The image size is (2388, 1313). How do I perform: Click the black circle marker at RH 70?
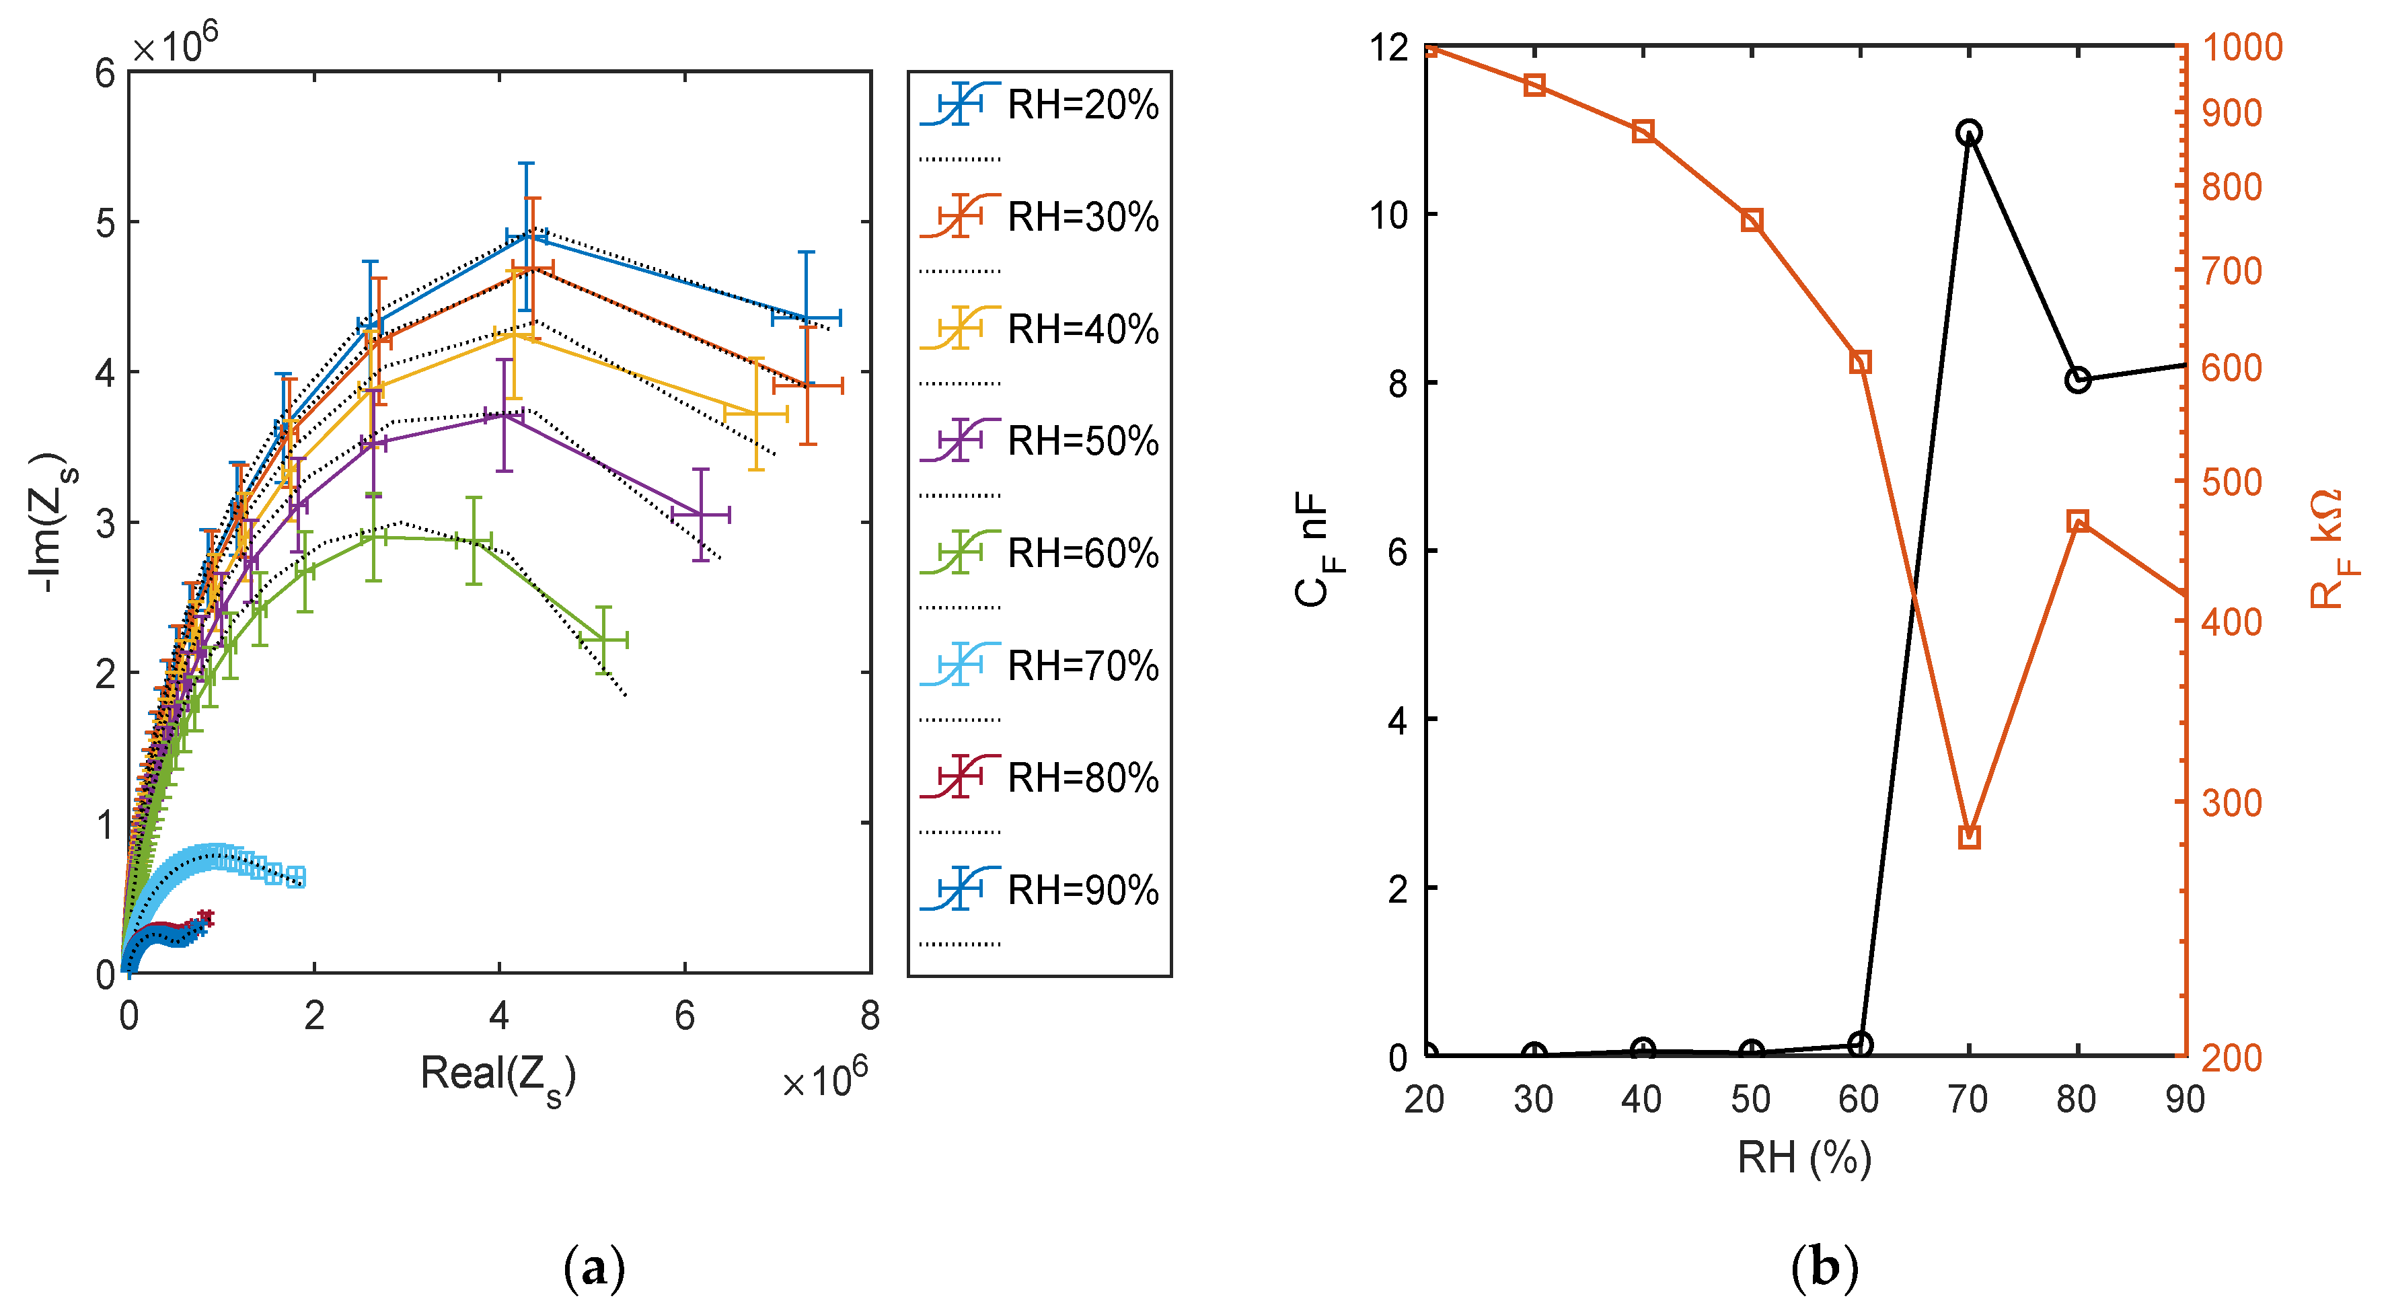(x=1969, y=133)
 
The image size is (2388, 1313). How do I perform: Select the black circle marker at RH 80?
(x=2077, y=380)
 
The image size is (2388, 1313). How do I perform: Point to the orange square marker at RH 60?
(x=1859, y=362)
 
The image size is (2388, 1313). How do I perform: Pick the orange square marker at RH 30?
(x=1534, y=85)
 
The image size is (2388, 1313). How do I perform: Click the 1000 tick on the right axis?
(x=2241, y=47)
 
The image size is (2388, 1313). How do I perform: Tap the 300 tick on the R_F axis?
(x=2231, y=803)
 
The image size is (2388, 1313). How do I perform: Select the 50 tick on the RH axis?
(x=1750, y=1100)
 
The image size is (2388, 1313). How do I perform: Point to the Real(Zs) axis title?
(x=498, y=1076)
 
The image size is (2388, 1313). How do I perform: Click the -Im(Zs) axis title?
(x=48, y=524)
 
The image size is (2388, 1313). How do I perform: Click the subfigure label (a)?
(x=593, y=1267)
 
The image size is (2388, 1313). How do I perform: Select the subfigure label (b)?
(x=1824, y=1267)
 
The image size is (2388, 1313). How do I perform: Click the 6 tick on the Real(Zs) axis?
(x=684, y=1016)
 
